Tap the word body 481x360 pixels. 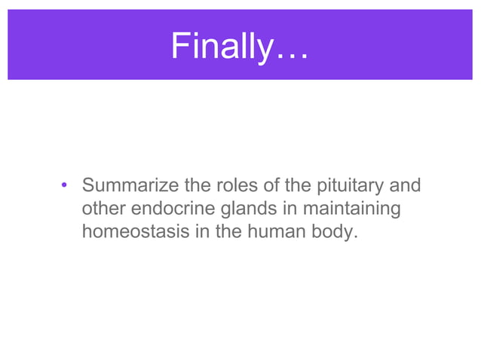[x=331, y=232]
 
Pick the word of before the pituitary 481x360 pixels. [x=263, y=185]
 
